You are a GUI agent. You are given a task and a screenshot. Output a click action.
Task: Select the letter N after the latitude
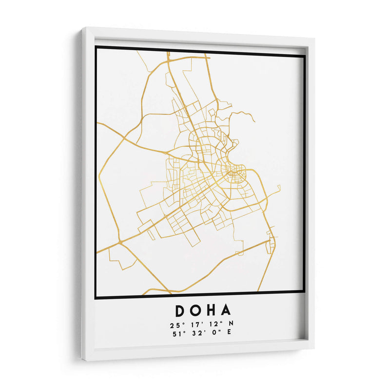click(x=232, y=325)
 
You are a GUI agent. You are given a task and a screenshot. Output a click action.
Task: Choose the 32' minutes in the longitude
click(x=196, y=334)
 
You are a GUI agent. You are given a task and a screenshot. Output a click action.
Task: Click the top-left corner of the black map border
click(x=96, y=47)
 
